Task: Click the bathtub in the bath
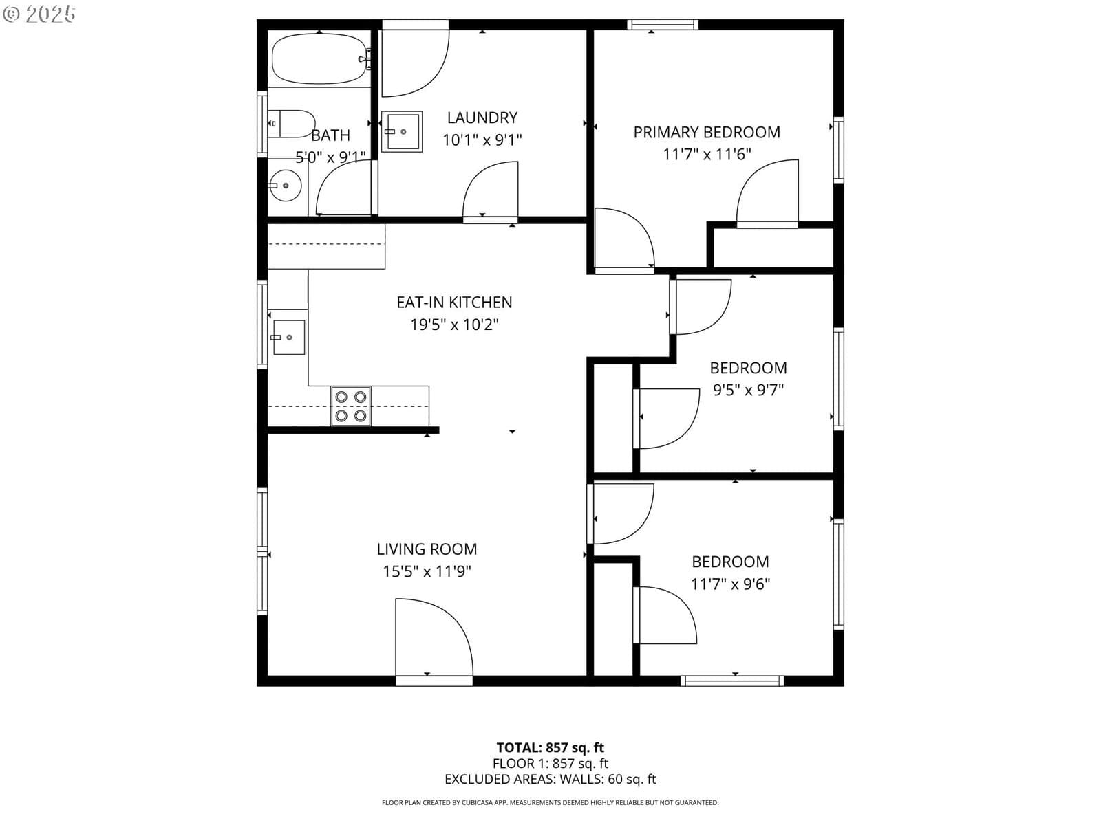pos(320,58)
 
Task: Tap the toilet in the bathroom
pos(291,124)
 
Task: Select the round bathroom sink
pos(286,186)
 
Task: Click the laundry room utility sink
pos(401,131)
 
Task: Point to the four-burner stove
pos(351,406)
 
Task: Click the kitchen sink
pos(288,337)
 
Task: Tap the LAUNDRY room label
pos(482,118)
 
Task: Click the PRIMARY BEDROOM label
pos(707,132)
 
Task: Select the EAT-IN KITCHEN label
pos(454,302)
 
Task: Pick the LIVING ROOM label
pos(427,549)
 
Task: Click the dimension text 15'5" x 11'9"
pos(427,571)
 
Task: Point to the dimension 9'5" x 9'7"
pos(749,390)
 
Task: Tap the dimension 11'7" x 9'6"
pos(730,584)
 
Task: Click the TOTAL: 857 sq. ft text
pos(550,748)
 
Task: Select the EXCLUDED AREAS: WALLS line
pos(550,779)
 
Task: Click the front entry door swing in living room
pos(434,637)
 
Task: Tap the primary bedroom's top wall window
pos(663,24)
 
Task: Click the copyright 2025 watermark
pos(39,14)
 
